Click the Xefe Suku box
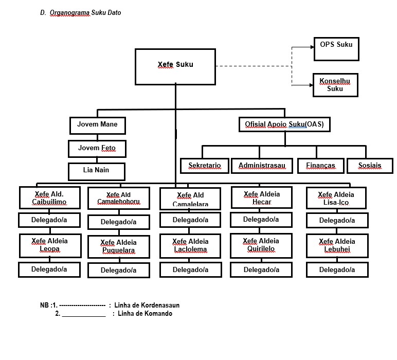tap(175, 66)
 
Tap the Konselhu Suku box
tap(335, 85)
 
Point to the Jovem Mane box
tap(97, 125)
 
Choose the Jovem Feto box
tap(97, 149)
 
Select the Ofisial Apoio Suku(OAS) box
tap(284, 124)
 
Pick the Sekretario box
tap(205, 166)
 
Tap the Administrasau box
tap(262, 166)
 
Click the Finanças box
tap(320, 166)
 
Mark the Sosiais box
tap(370, 166)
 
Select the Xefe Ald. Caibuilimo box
tap(49, 198)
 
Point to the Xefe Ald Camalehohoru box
tap(118, 199)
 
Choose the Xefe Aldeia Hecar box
tap(261, 197)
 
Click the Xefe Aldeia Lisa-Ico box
tap(336, 199)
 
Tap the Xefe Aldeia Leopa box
tap(49, 245)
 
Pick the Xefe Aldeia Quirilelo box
tap(261, 245)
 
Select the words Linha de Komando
tap(145, 314)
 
